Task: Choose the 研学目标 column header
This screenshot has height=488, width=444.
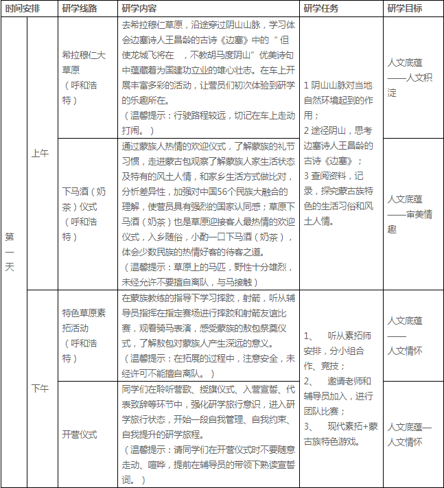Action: click(x=405, y=9)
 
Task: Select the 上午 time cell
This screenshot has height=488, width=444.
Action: click(x=40, y=154)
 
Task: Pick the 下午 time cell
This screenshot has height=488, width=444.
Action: click(x=40, y=388)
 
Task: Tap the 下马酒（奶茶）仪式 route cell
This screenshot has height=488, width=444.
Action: click(x=84, y=213)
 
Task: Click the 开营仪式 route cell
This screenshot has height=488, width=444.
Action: click(x=80, y=434)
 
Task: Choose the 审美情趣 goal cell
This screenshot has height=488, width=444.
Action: click(x=410, y=213)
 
